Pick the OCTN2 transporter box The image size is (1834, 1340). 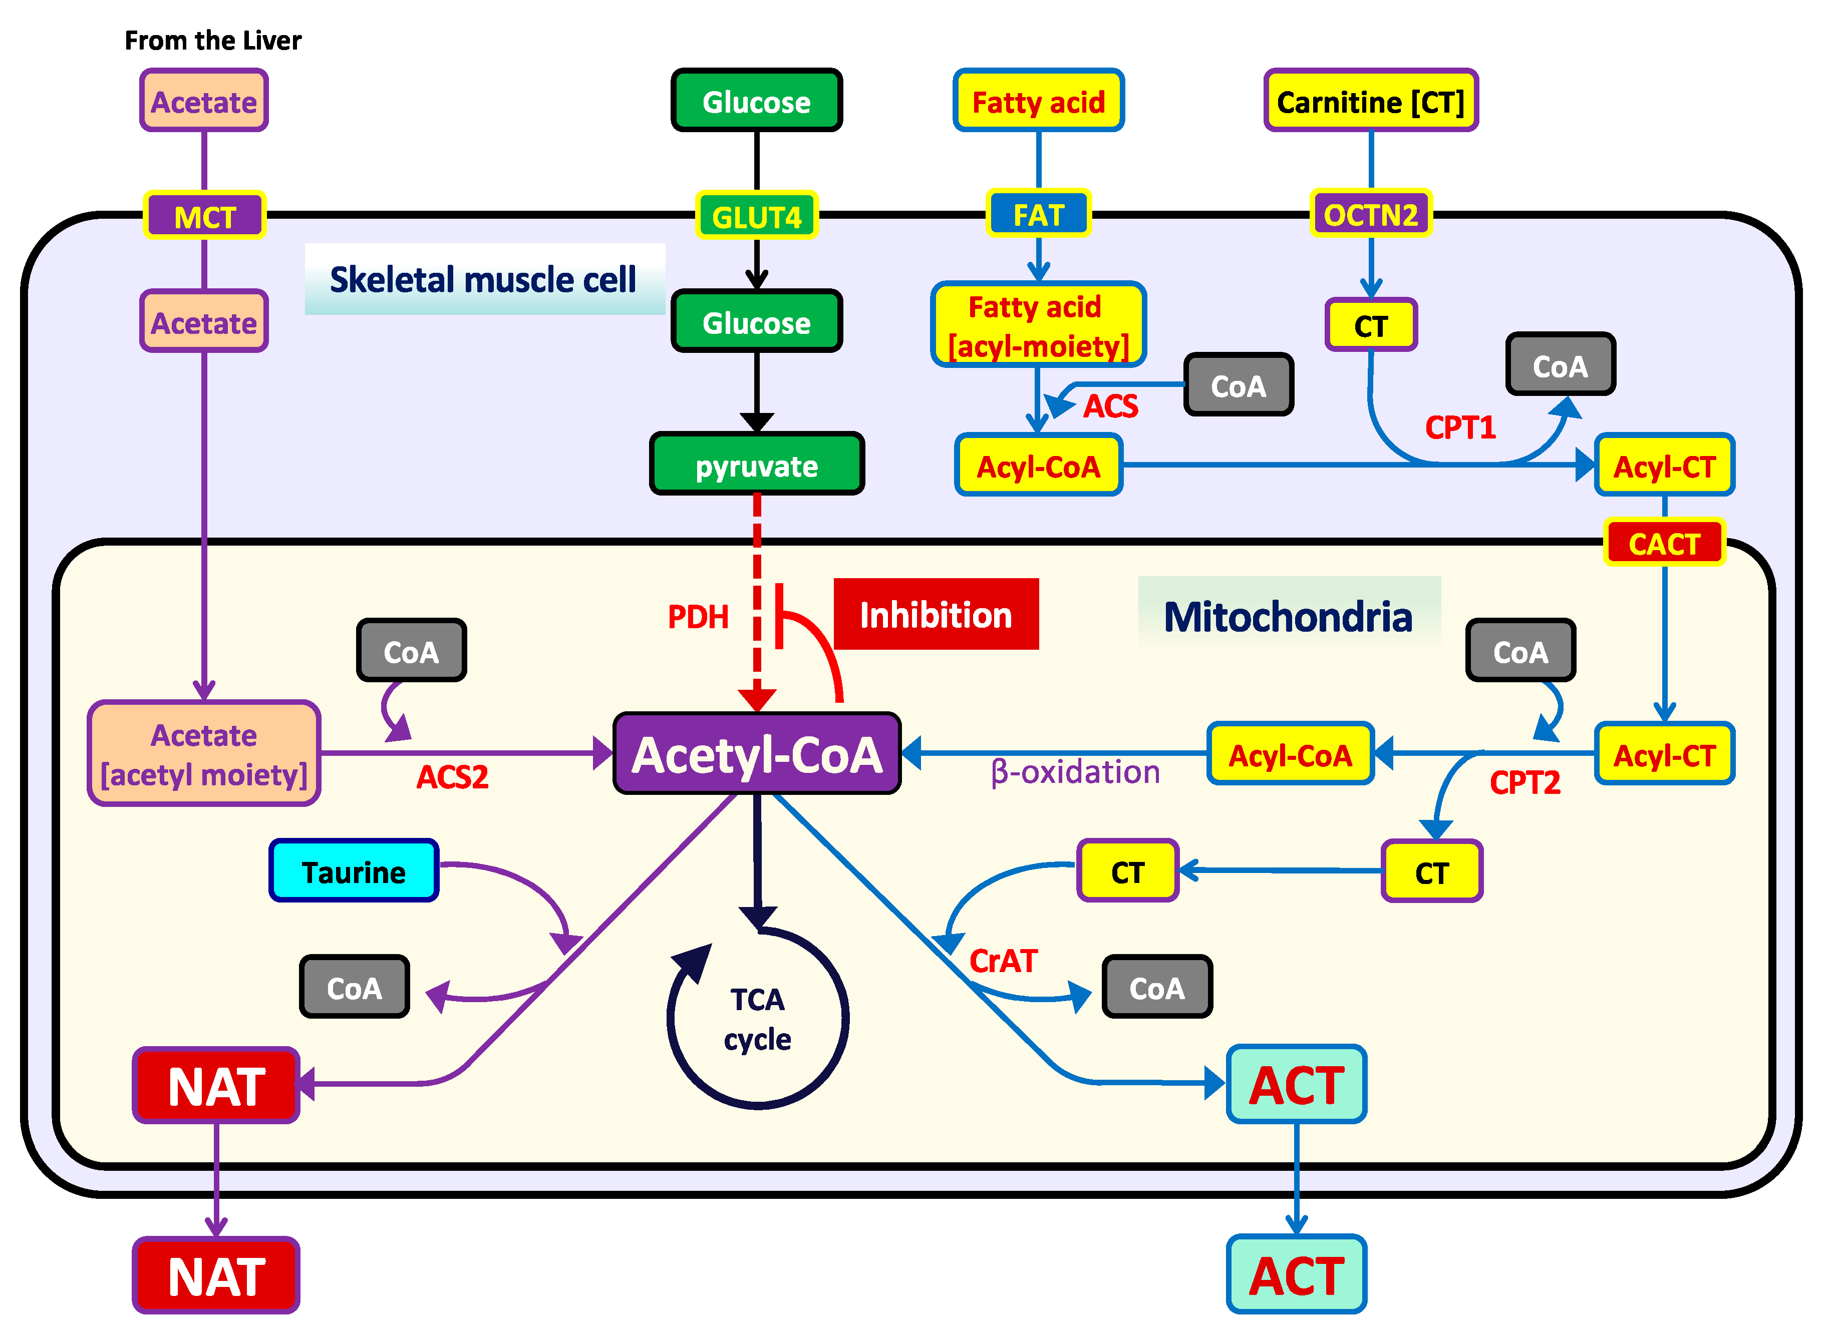click(x=1371, y=215)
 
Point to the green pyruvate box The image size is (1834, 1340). click(x=756, y=466)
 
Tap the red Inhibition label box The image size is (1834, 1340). click(x=936, y=615)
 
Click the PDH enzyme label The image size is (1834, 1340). click(x=698, y=617)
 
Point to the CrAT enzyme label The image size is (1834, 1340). click(x=1003, y=961)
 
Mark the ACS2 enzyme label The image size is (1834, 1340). click(x=452, y=777)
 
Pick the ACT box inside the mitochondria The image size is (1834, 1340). click(x=1296, y=1085)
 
